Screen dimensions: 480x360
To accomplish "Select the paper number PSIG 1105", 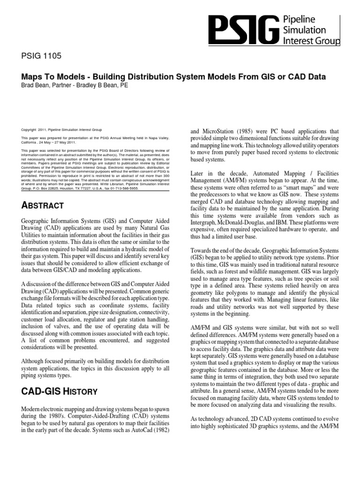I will [41, 57].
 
